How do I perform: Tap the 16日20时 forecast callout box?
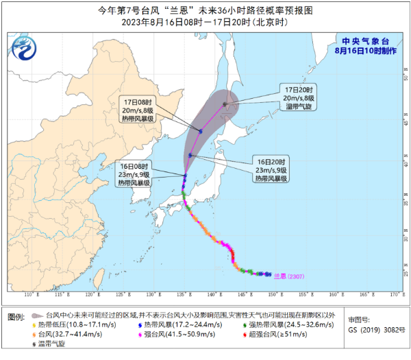(x=271, y=169)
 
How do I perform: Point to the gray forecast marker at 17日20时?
(x=225, y=104)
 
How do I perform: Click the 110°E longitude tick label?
(x=29, y=294)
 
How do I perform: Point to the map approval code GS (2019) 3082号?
(x=374, y=331)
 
